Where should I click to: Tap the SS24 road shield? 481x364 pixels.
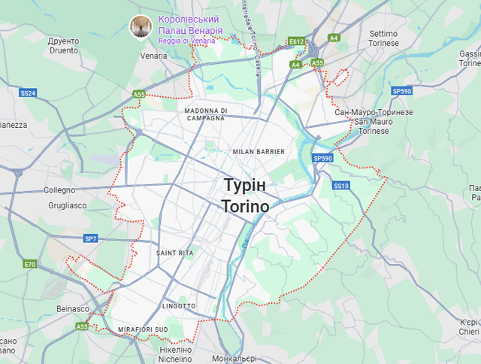click(29, 93)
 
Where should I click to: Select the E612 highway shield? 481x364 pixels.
click(297, 41)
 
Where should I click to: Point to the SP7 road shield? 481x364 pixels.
click(90, 238)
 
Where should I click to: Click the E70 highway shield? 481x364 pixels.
click(30, 264)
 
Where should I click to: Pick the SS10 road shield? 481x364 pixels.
click(341, 185)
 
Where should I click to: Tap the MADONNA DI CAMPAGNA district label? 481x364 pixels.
click(204, 114)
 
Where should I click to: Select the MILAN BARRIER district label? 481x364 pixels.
click(259, 152)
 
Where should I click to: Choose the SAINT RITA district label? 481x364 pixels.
click(175, 253)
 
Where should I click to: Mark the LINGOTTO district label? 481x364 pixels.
click(179, 306)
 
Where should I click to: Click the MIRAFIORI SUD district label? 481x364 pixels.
click(143, 330)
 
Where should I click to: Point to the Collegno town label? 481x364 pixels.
click(59, 190)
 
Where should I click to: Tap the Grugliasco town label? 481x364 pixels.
click(67, 205)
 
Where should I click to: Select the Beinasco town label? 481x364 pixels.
click(74, 308)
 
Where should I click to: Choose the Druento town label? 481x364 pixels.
click(62, 46)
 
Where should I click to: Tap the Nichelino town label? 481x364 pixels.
click(176, 354)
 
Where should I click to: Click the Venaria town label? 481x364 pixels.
click(153, 56)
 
